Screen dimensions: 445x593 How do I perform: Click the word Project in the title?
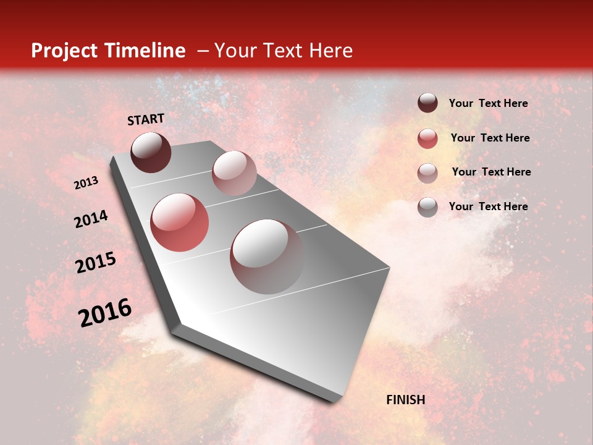pos(62,51)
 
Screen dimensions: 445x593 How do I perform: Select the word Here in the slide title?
pos(330,51)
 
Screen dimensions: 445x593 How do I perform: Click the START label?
pos(146,119)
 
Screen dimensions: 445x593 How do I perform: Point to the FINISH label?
pos(406,400)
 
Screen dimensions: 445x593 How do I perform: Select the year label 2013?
pos(86,183)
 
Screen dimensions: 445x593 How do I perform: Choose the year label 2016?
pos(105,313)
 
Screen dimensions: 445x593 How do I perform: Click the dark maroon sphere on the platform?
pos(151,152)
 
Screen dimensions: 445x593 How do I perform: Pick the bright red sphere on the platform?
pos(179,222)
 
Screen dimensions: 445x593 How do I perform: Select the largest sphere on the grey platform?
pos(267,256)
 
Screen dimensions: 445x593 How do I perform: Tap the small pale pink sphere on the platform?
pos(234,173)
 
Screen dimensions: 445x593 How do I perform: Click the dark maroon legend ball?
pos(427,103)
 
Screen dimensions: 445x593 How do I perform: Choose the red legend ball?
pos(427,138)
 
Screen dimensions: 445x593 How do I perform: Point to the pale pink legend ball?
pos(427,173)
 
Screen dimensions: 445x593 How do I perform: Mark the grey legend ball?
pos(427,207)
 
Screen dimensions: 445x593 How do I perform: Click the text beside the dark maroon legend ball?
pos(488,104)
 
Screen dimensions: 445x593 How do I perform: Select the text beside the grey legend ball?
pos(488,206)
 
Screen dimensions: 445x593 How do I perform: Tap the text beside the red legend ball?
pos(490,138)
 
